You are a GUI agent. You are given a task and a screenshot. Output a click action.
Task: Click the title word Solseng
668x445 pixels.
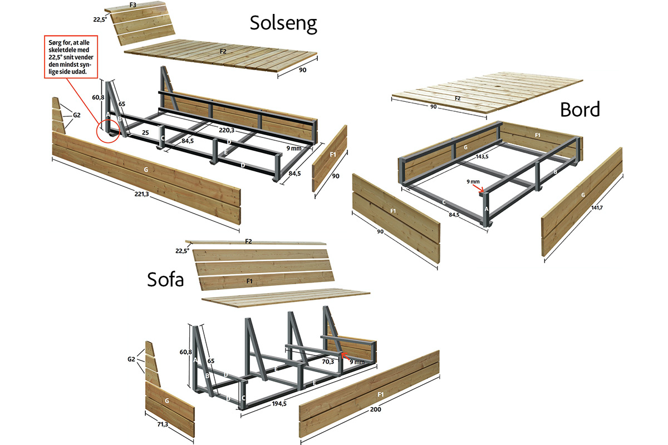click(x=283, y=23)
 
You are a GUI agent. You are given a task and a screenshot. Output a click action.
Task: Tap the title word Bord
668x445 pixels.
click(x=579, y=110)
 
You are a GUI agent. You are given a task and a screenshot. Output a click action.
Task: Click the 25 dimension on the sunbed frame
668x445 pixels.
click(x=144, y=133)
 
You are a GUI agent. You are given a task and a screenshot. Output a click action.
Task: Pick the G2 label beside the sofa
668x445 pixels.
click(x=131, y=359)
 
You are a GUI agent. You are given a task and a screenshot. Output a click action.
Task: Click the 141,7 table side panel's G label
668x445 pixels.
click(x=582, y=196)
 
